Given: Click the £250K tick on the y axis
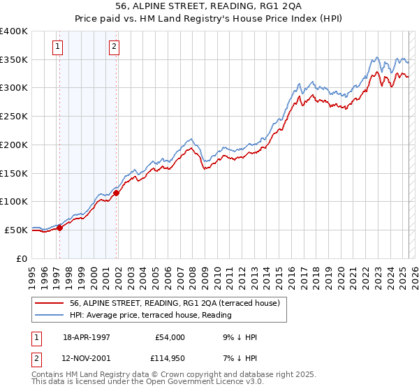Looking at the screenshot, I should click(14, 116).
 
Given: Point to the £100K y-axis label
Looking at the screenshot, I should click(14, 201).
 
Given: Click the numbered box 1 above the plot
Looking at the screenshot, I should click(57, 47).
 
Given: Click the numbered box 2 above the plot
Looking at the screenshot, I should click(114, 47).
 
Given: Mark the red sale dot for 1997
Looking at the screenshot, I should click(60, 227).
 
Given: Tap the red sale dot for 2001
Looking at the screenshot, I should click(117, 193).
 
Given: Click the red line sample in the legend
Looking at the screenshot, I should click(50, 303).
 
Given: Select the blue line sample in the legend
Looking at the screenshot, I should click(50, 316).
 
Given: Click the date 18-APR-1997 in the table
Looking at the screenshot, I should click(87, 337).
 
